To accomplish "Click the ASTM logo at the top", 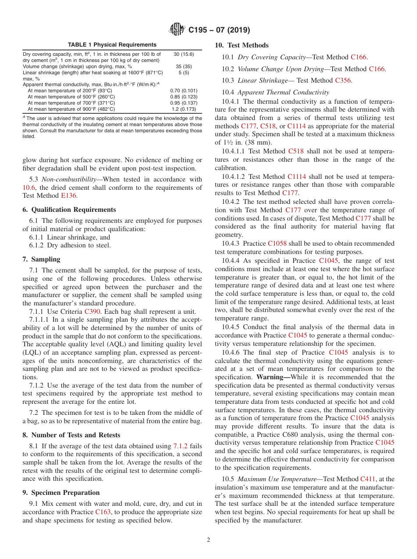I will click(x=177, y=30).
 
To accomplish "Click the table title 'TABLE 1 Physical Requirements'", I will click(x=112, y=45).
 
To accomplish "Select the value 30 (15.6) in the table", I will click(x=183, y=54).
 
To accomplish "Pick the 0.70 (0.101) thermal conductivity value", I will click(x=183, y=91).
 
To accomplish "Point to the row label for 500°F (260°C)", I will click(x=71, y=97).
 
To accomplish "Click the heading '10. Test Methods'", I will click(x=241, y=45).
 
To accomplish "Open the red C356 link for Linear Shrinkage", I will click(x=343, y=80).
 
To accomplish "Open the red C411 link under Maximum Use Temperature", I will click(x=368, y=479).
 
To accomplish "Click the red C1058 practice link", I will click(x=277, y=243).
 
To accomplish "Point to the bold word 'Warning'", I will click(x=273, y=378).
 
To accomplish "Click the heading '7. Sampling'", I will click(x=41, y=259).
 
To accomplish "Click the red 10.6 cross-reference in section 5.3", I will click(x=28, y=188).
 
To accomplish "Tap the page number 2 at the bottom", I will click(x=208, y=540).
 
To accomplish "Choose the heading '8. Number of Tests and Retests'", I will click(x=71, y=435).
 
